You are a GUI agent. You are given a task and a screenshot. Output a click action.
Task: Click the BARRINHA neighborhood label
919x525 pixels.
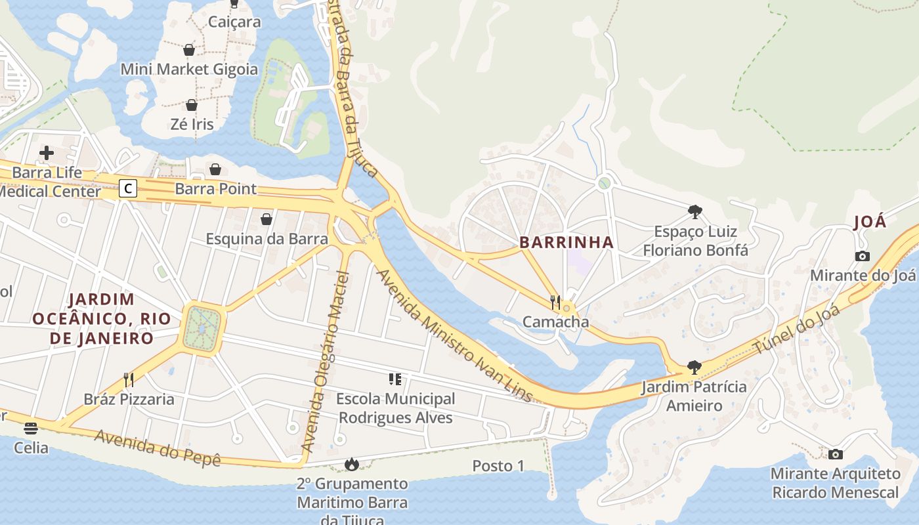[566, 242]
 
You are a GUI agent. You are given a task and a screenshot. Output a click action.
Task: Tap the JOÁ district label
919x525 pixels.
[870, 222]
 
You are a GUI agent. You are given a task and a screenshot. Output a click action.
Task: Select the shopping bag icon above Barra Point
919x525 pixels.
[215, 169]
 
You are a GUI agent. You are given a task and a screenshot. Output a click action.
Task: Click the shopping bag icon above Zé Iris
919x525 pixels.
[192, 105]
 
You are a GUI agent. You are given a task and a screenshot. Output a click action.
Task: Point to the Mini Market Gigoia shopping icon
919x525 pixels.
[189, 50]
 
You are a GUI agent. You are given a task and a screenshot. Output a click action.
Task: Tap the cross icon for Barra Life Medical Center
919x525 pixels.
[47, 154]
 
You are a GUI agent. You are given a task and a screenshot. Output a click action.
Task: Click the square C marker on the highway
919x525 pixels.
[128, 189]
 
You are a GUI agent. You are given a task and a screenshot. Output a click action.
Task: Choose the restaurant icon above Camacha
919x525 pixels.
[555, 302]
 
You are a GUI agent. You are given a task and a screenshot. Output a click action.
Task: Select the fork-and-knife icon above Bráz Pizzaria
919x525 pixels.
[129, 379]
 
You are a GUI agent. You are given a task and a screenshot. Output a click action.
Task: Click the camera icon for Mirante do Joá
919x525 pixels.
[863, 256]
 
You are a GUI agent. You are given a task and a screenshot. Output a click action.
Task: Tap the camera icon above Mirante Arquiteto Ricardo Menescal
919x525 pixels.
[835, 454]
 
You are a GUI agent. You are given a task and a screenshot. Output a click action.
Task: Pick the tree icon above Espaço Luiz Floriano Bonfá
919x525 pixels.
[695, 212]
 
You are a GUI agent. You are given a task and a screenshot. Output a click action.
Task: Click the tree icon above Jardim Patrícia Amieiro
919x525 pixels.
[694, 367]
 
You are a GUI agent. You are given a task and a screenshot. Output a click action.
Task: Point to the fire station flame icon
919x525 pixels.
[352, 465]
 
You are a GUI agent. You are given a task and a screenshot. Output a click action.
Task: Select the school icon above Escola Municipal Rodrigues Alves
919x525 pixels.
[395, 379]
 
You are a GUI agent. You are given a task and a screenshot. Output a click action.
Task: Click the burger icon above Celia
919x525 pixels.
[31, 429]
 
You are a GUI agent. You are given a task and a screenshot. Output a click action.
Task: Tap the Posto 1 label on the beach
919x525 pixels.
[498, 466]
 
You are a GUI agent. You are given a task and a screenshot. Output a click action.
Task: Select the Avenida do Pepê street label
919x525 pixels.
[157, 448]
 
